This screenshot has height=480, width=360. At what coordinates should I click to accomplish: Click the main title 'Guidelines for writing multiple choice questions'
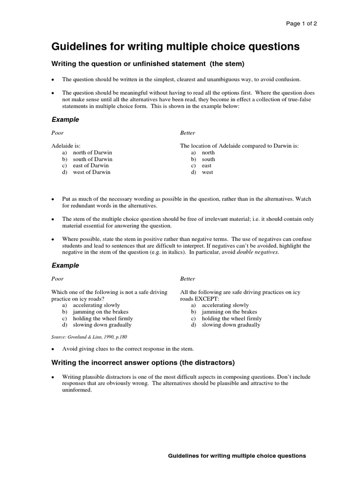(x=175, y=47)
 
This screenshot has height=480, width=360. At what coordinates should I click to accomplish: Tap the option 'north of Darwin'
(x=92, y=152)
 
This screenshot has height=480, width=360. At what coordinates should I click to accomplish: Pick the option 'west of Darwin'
(x=91, y=172)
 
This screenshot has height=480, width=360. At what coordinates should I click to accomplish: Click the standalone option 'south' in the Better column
(x=208, y=159)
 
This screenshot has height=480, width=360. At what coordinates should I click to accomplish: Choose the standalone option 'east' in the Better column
(x=206, y=165)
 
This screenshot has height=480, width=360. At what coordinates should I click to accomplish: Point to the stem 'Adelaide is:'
(x=69, y=146)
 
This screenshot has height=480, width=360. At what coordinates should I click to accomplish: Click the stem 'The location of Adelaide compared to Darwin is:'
(x=240, y=146)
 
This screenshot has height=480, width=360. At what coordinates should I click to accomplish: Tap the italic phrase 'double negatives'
(x=257, y=252)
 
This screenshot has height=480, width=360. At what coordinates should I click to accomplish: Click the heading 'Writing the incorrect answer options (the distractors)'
(x=143, y=362)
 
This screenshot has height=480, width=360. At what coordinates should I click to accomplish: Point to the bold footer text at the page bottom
(x=237, y=456)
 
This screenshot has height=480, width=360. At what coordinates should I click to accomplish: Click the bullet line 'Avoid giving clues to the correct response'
(x=127, y=349)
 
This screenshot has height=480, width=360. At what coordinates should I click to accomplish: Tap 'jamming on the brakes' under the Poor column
(x=100, y=312)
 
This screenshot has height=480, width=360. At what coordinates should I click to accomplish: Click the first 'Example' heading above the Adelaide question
(x=65, y=120)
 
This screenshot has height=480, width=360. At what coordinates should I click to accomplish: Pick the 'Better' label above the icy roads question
(x=187, y=279)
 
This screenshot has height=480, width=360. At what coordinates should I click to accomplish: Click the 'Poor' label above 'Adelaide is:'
(x=57, y=133)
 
